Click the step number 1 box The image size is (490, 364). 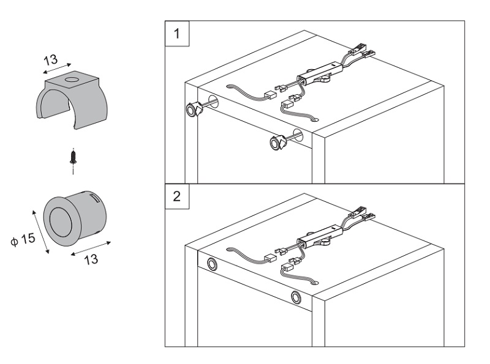[x=177, y=34]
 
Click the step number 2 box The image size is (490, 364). [x=177, y=197]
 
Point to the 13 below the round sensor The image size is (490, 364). [x=91, y=258]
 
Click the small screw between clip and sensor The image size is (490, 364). [x=74, y=156]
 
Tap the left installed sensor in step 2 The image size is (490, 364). [x=213, y=264]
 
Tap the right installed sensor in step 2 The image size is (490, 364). [x=296, y=299]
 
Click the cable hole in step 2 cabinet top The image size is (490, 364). [x=314, y=282]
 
